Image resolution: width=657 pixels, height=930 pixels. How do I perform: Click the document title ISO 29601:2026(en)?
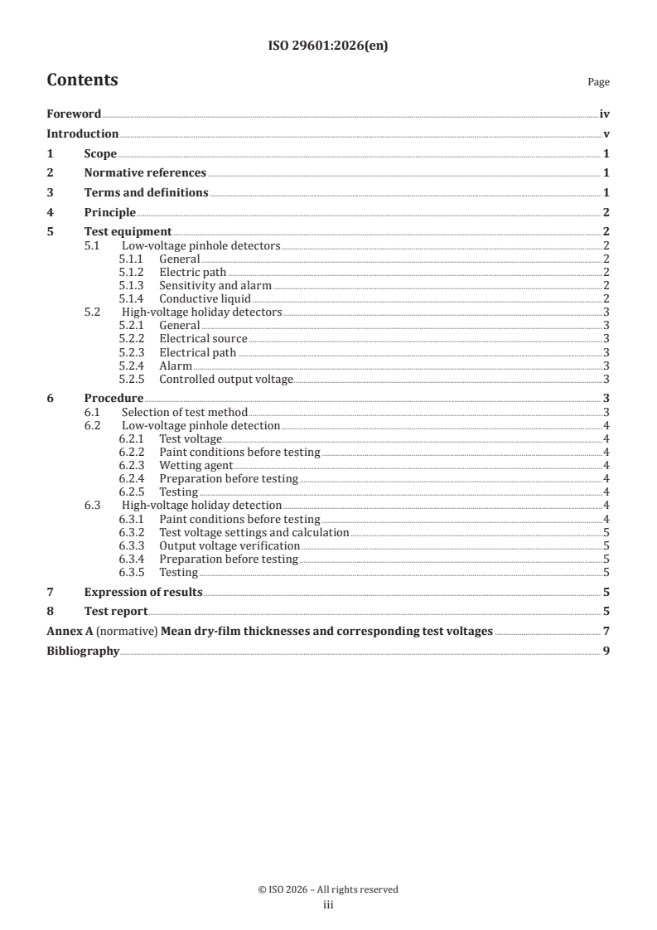[328, 46]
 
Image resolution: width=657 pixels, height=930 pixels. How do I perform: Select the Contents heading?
[82, 80]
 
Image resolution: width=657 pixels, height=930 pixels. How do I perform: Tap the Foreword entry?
[74, 114]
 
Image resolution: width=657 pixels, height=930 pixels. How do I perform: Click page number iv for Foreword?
[604, 114]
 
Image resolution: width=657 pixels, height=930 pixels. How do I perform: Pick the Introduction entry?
[82, 133]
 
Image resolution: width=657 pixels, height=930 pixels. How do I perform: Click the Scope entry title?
[100, 153]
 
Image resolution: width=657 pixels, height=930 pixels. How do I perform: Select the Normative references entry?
[145, 172]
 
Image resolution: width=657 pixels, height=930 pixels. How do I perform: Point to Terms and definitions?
[146, 192]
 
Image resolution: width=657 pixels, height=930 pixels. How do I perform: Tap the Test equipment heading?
[128, 231]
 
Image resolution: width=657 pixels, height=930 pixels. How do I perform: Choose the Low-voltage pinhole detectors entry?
[201, 245]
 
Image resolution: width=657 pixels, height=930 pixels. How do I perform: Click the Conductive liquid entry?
[204, 298]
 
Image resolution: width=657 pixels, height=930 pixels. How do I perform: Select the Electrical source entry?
[203, 339]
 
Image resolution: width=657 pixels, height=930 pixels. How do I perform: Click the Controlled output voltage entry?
[226, 379]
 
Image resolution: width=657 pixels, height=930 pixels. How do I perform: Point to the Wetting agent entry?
[196, 466]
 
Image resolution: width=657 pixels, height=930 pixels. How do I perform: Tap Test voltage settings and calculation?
[254, 532]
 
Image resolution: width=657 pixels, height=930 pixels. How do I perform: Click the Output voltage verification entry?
[229, 545]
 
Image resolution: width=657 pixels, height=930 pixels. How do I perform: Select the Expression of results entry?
[143, 592]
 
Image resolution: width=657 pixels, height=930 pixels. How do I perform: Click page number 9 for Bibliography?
[606, 651]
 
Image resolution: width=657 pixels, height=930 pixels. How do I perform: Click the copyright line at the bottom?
[328, 889]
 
